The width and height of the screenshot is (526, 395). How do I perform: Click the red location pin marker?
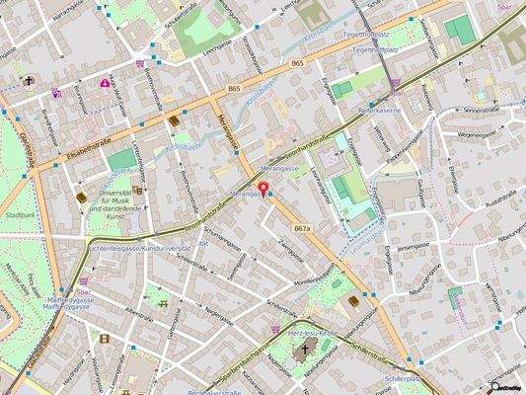263,188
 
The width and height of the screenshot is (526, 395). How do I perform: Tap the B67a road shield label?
302,228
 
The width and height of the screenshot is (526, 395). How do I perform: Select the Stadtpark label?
20,214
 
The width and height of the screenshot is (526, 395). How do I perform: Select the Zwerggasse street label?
288,252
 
